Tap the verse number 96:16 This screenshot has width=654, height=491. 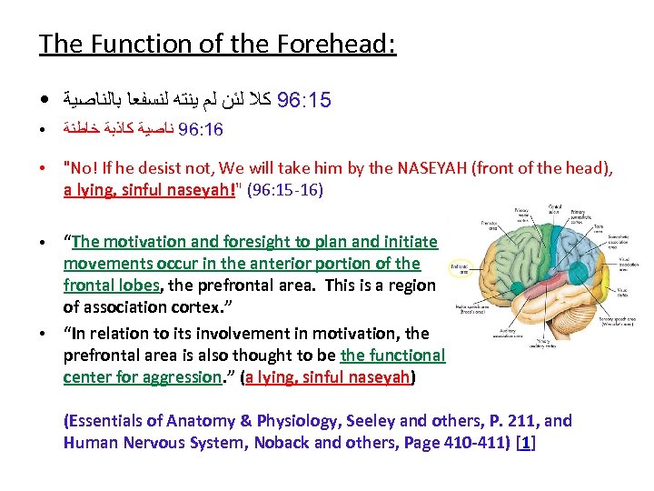pyautogui.click(x=201, y=130)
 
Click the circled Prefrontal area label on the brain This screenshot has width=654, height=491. pyautogui.click(x=461, y=268)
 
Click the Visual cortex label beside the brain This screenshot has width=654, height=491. pyautogui.click(x=620, y=293)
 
